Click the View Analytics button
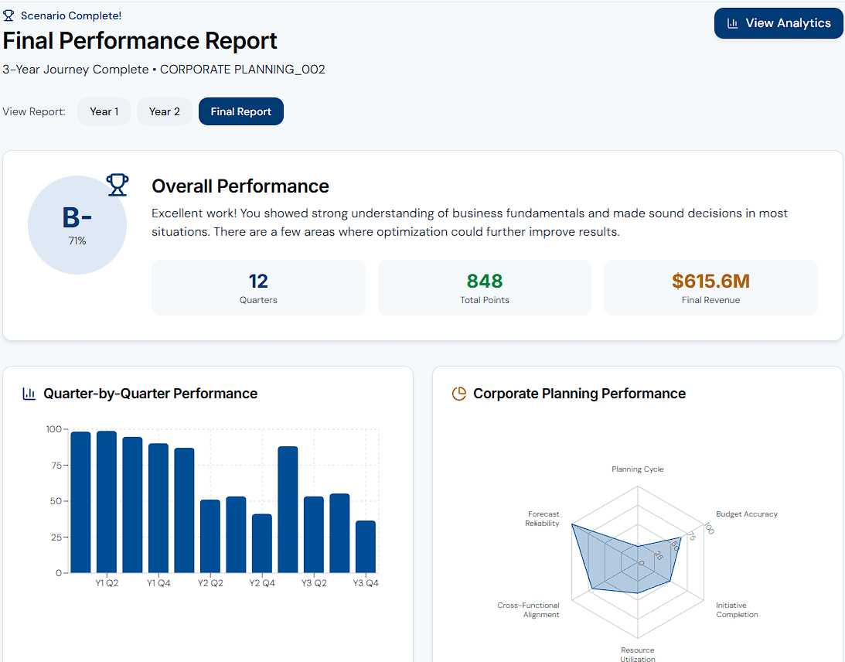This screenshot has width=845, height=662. [x=779, y=23]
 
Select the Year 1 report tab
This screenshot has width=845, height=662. [x=104, y=111]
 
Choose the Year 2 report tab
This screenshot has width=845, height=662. [x=164, y=111]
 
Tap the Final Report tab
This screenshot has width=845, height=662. [x=240, y=111]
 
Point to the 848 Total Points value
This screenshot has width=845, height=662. [x=485, y=282]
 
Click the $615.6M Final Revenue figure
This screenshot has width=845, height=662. [x=710, y=282]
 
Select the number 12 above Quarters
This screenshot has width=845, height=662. [x=258, y=282]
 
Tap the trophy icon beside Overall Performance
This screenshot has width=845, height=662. [x=118, y=184]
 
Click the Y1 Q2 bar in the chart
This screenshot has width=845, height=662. [x=107, y=502]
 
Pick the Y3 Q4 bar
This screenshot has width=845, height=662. [x=366, y=547]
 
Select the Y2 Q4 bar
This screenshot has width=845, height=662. [x=262, y=543]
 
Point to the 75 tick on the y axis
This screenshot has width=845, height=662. [x=53, y=465]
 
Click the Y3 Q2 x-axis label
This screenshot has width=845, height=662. [x=314, y=583]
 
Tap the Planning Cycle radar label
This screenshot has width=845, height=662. [x=637, y=469]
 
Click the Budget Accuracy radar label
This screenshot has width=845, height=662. [x=746, y=514]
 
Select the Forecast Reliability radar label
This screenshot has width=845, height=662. [x=543, y=519]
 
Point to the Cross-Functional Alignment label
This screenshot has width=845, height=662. [x=528, y=610]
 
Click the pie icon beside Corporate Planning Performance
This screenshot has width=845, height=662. [x=458, y=394]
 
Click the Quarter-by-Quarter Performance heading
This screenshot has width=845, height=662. [x=150, y=394]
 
